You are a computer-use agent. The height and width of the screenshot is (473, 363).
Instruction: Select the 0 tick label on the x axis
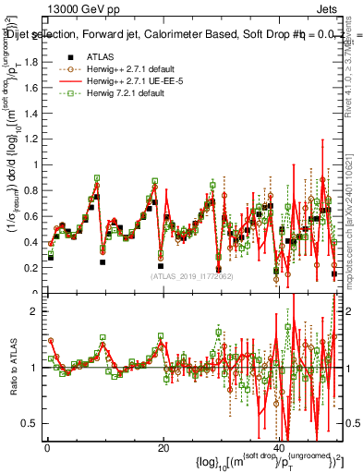click(47, 449)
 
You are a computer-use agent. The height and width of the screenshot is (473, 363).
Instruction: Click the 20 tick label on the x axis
click(163, 449)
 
